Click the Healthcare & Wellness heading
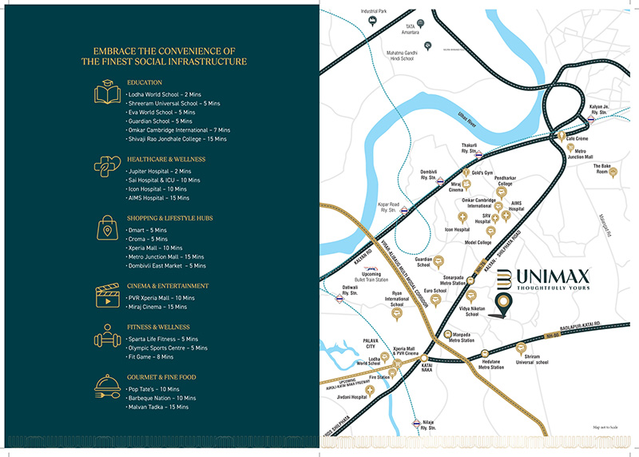[166, 160]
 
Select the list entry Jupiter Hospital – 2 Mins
[160, 171]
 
